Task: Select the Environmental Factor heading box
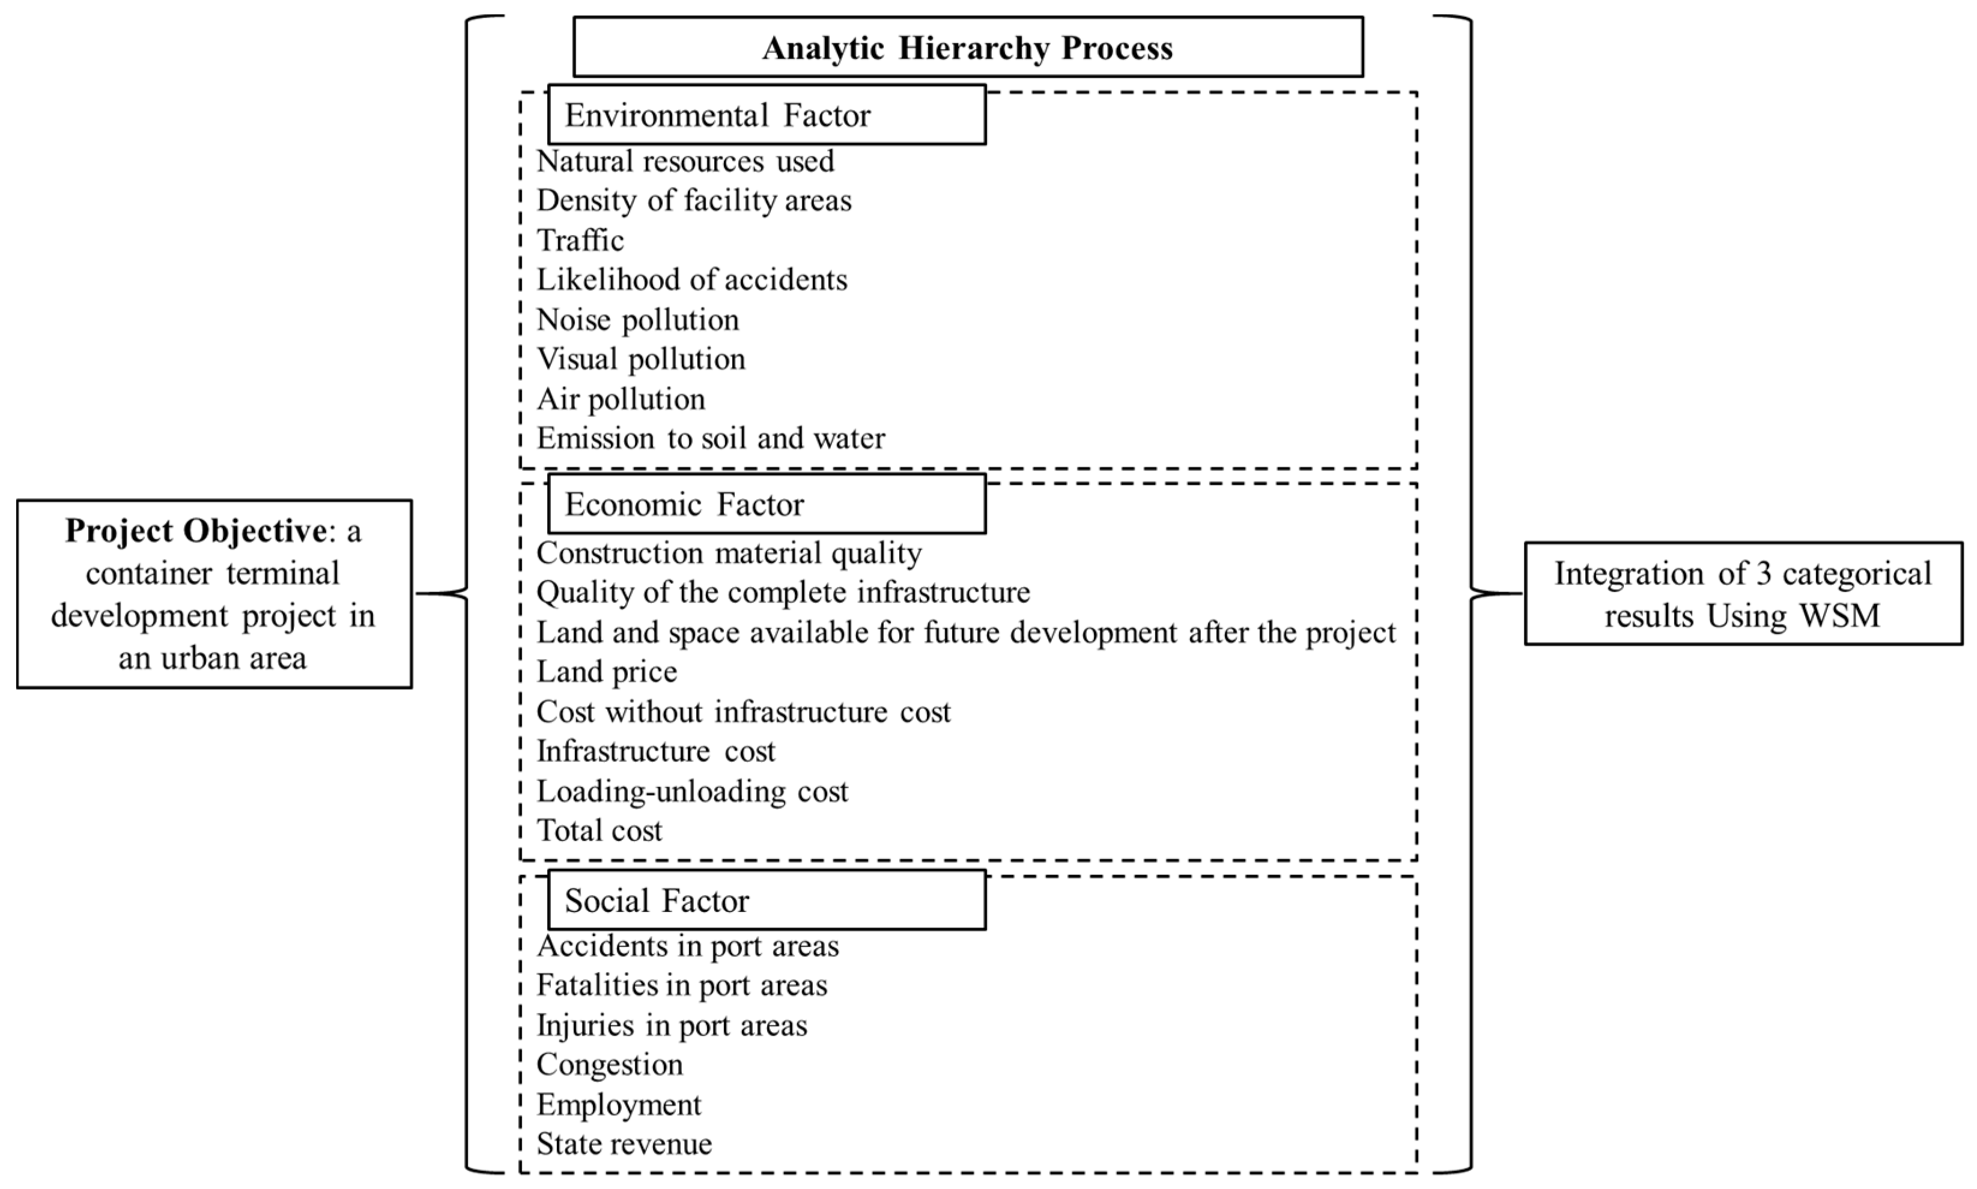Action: (x=766, y=115)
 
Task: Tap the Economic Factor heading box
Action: (x=766, y=505)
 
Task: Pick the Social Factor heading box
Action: (x=766, y=901)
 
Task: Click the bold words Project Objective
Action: (x=195, y=531)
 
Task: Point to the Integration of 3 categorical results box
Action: (x=1743, y=594)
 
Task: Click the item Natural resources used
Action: (x=685, y=162)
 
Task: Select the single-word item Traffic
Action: (x=580, y=240)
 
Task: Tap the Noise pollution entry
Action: (x=637, y=320)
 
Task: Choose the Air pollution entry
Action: (x=621, y=399)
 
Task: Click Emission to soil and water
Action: (x=711, y=438)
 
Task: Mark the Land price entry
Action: (x=606, y=672)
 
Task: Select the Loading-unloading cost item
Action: (x=692, y=792)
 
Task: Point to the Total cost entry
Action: (x=599, y=831)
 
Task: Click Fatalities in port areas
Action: (x=682, y=985)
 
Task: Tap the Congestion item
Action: (x=610, y=1065)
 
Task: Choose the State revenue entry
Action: (x=624, y=1144)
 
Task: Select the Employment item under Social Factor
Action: (x=618, y=1105)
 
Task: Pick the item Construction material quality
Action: (x=729, y=553)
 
